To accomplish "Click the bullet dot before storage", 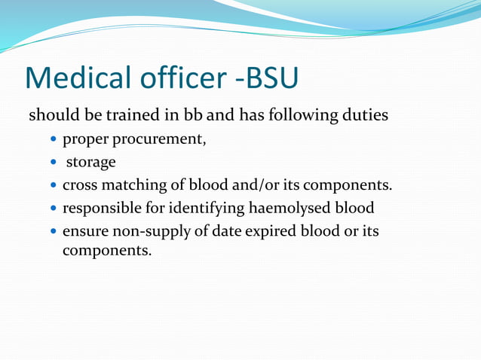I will tap(54, 163).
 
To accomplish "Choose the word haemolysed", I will tap(292, 208).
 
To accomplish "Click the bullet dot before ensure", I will tap(54, 231).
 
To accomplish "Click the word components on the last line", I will tap(106, 251).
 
